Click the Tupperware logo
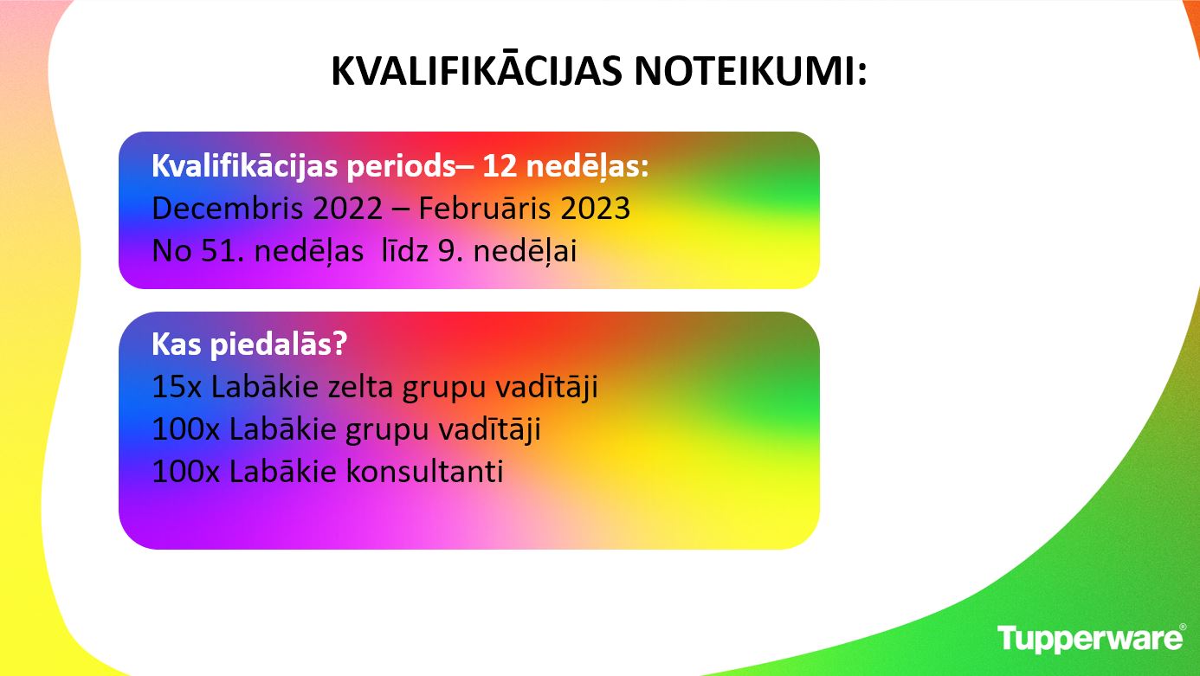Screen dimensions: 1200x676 (1091, 639)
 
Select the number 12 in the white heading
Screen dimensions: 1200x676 (500, 166)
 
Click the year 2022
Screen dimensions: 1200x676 (347, 209)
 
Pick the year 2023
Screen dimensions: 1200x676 (595, 209)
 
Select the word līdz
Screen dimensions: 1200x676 (404, 250)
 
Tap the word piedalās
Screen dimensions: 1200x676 (279, 345)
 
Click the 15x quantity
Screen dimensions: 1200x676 (177, 387)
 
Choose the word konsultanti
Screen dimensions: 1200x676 (425, 471)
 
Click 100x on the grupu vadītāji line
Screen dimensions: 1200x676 (186, 429)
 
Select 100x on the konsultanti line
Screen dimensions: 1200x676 (186, 472)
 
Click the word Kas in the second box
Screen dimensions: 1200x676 (177, 344)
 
